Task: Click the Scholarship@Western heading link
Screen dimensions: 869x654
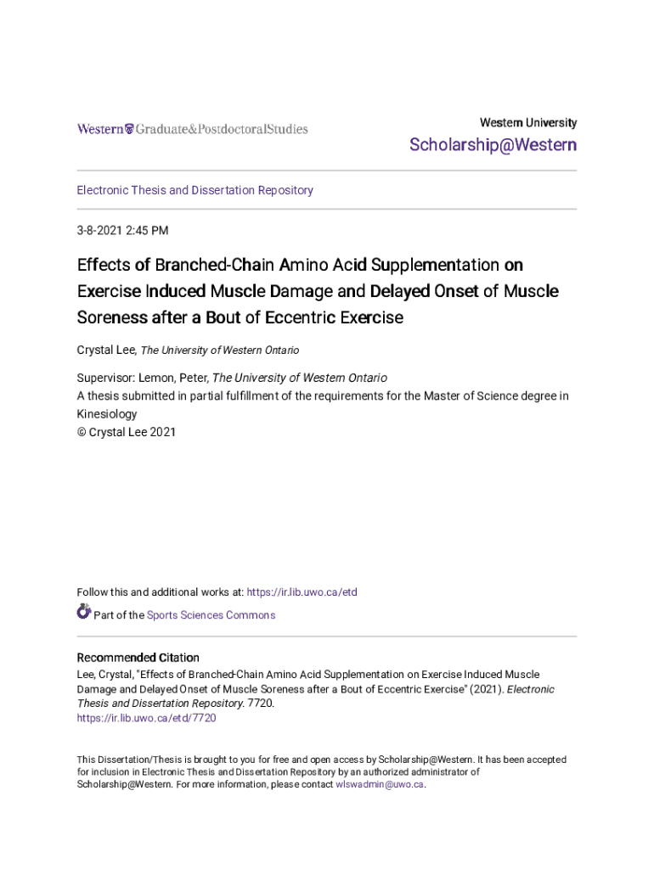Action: pyautogui.click(x=493, y=145)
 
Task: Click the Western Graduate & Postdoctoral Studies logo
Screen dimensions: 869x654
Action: pyautogui.click(x=193, y=129)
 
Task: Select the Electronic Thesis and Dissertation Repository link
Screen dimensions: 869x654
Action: pyautogui.click(x=195, y=190)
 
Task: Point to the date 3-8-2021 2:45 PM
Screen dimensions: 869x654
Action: pyautogui.click(x=122, y=230)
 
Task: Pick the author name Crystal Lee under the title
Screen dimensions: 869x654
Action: pyautogui.click(x=105, y=350)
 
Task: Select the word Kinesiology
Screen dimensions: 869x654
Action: pyautogui.click(x=107, y=414)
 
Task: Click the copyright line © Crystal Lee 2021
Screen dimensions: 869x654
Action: pyautogui.click(x=127, y=432)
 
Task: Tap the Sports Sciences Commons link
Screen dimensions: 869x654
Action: pyautogui.click(x=211, y=615)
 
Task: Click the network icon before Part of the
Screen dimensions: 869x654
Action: pyautogui.click(x=84, y=611)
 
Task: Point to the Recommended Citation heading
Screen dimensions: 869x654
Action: pyautogui.click(x=138, y=658)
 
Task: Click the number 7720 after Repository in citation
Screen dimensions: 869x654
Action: pyautogui.click(x=258, y=704)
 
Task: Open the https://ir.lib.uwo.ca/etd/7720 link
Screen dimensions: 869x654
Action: pyautogui.click(x=146, y=718)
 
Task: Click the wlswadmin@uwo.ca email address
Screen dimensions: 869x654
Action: pyautogui.click(x=379, y=784)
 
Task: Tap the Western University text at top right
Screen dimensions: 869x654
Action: pyautogui.click(x=527, y=122)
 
